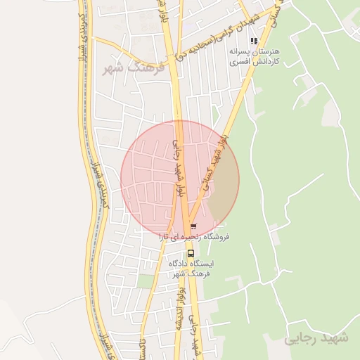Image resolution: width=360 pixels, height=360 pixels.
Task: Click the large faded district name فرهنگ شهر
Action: pos(133,68)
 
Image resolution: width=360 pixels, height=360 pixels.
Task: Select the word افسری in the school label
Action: pos(239,62)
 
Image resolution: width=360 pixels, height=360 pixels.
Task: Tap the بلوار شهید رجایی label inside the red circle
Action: pos(178,169)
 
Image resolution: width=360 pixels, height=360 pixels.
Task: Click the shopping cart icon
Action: pos(193,227)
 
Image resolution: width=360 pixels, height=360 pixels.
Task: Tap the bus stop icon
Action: pos(190,253)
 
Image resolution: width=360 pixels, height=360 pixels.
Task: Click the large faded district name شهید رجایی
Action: pos(316,338)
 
